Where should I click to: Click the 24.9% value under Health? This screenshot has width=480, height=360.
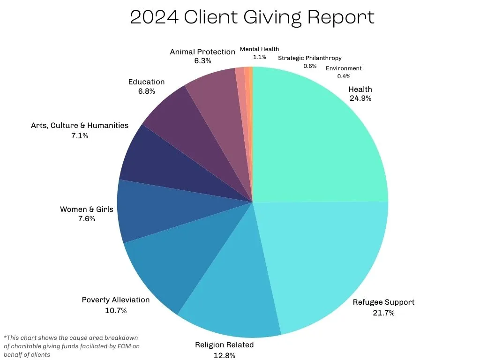pos(360,98)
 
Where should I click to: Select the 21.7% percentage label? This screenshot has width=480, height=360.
pos(383,313)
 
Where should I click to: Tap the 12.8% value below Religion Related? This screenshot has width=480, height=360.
pos(225,355)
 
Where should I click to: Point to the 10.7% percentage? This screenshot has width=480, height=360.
pos(116,310)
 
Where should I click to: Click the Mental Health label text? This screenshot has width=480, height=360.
pos(259,49)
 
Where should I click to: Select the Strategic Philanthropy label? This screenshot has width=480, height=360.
pos(310,58)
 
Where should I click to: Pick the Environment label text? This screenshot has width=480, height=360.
pos(344,68)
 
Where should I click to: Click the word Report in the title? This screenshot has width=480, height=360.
pos(341,17)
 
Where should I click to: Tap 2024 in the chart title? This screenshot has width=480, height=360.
pos(154,17)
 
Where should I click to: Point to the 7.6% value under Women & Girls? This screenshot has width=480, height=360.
pos(87,218)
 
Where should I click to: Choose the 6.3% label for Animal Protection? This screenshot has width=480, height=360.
pos(202,60)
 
